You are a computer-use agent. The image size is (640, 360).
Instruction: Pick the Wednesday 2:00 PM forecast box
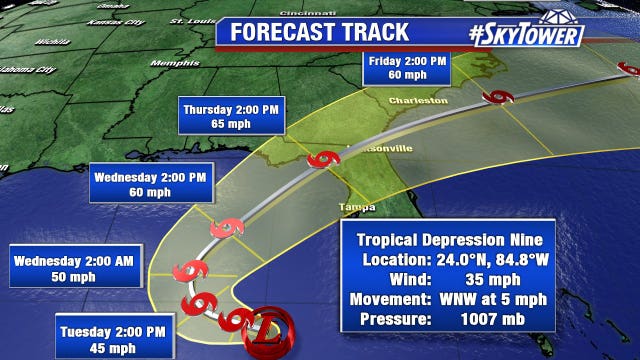tap(151, 184)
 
